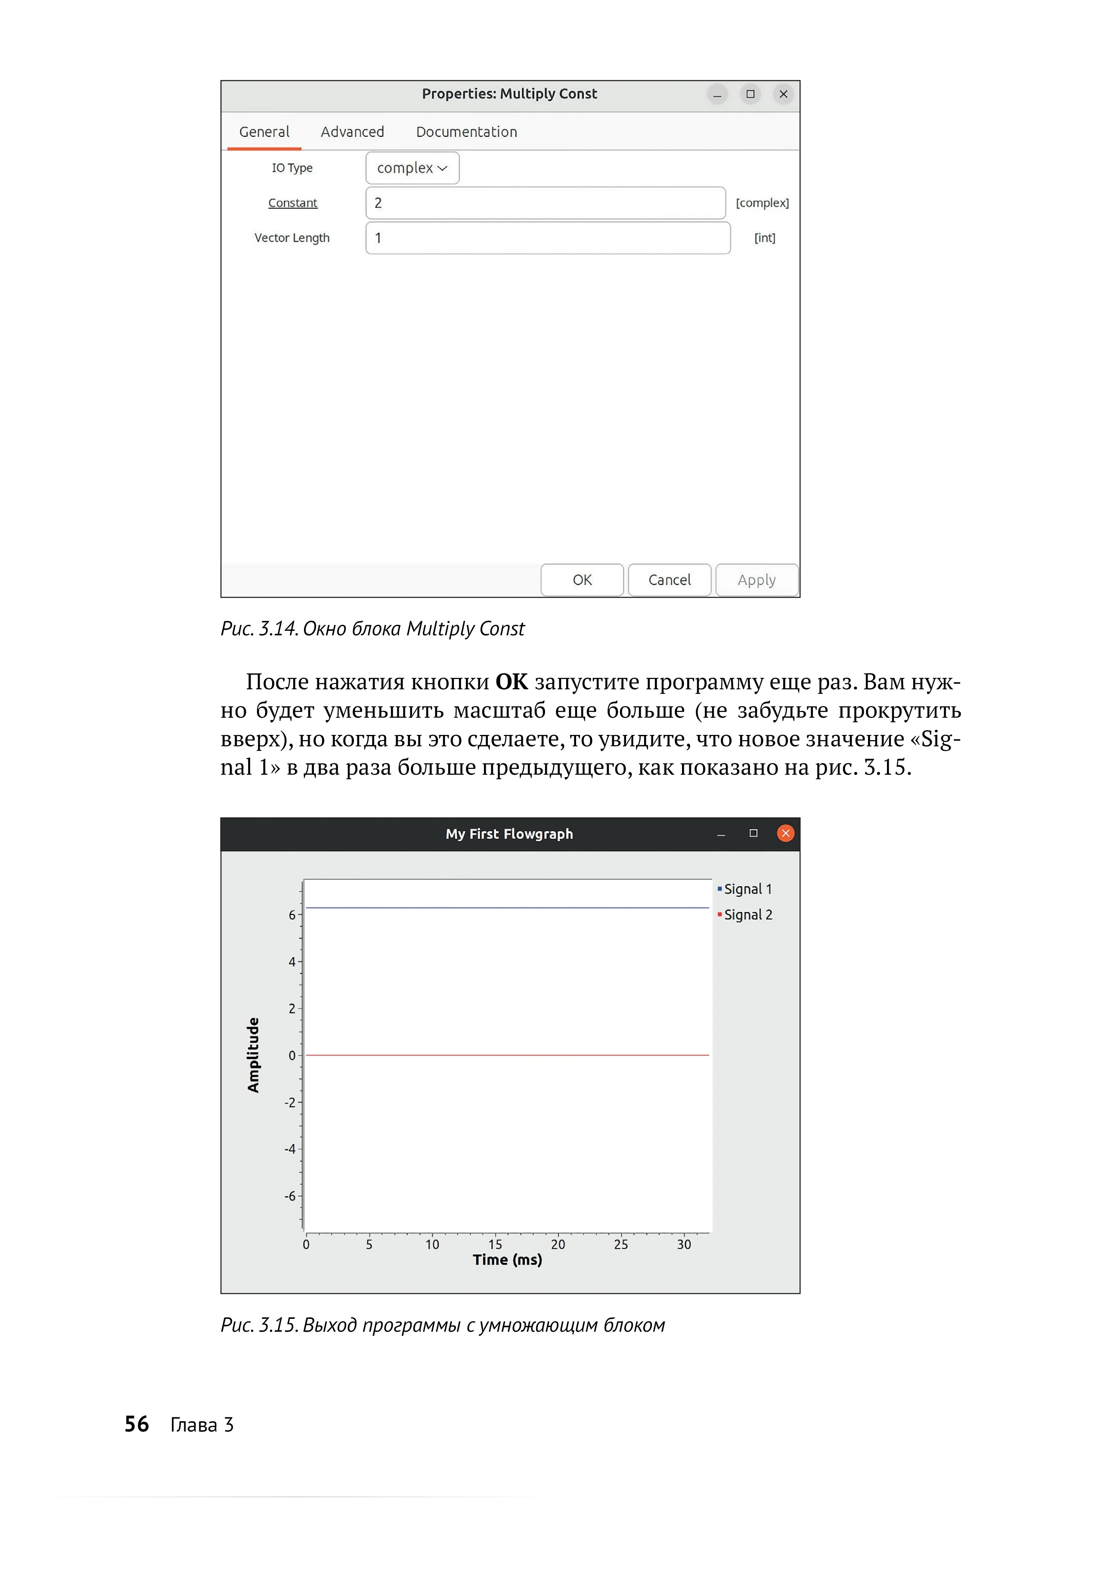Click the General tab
(x=264, y=132)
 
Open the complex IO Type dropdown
(x=412, y=168)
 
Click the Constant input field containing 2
(x=545, y=203)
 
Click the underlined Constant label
(x=293, y=203)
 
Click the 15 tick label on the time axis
(x=495, y=1244)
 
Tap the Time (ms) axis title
(x=507, y=1260)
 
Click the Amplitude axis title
(x=253, y=1055)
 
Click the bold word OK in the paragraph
(x=511, y=682)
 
